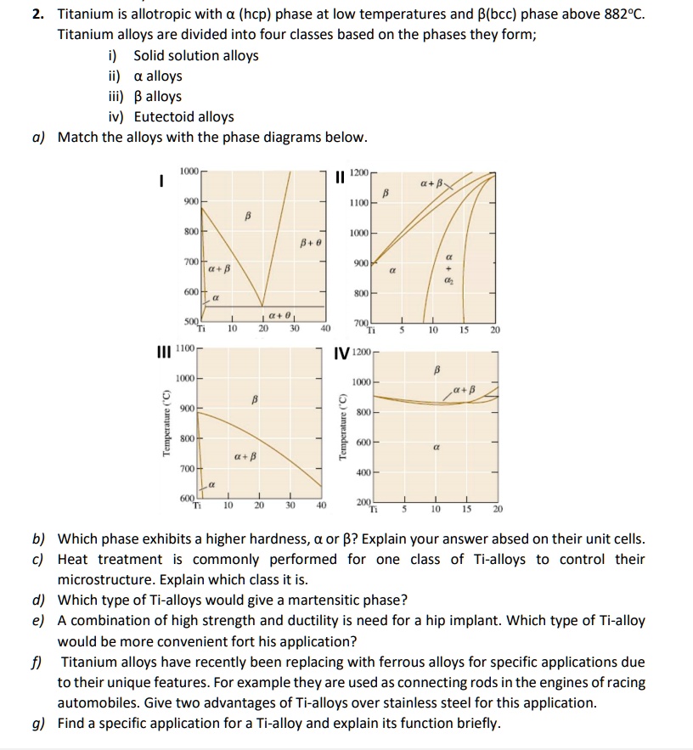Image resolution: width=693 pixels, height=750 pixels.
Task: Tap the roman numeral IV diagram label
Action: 342,350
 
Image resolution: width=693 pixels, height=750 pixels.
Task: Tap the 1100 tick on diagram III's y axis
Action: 187,348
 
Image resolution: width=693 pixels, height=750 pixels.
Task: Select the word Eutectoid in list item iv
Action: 163,117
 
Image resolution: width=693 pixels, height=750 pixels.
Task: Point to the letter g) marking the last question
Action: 39,723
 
